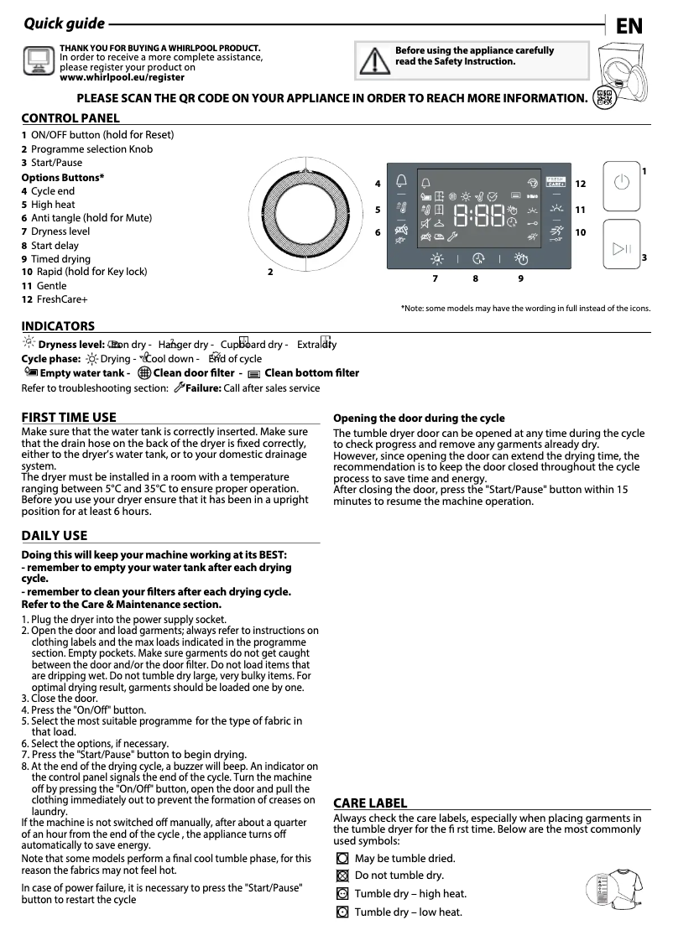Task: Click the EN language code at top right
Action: click(629, 26)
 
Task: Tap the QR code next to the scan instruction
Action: click(602, 98)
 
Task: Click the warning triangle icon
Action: click(369, 60)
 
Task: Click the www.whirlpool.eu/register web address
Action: click(122, 77)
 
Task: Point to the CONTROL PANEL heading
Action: click(70, 118)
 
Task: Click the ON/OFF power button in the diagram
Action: click(621, 182)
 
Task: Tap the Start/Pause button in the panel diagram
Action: click(621, 248)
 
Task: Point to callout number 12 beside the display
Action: click(580, 184)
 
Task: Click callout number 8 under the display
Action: click(475, 278)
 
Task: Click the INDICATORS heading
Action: click(58, 326)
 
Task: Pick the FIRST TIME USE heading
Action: click(69, 417)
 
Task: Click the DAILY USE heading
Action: click(54, 535)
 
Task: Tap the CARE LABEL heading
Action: click(370, 803)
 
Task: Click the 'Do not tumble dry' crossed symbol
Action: click(342, 876)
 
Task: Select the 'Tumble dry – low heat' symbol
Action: click(342, 912)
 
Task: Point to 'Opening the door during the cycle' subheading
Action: click(419, 418)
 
